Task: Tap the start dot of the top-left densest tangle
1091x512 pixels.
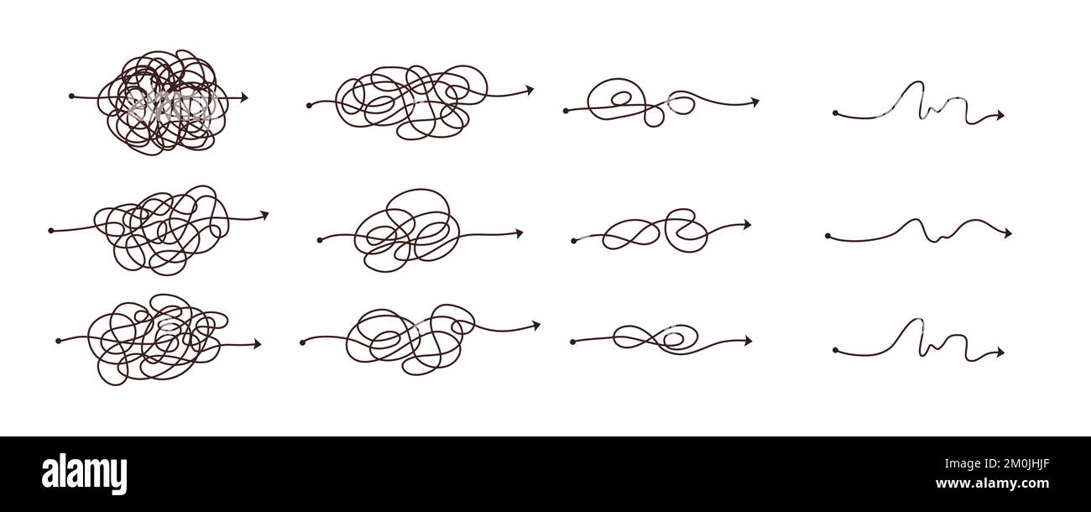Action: (71, 97)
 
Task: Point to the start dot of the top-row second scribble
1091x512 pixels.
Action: (310, 106)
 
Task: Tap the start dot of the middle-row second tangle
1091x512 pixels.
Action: (320, 240)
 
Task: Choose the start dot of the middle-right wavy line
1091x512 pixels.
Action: (827, 237)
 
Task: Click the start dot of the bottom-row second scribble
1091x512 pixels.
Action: (301, 342)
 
